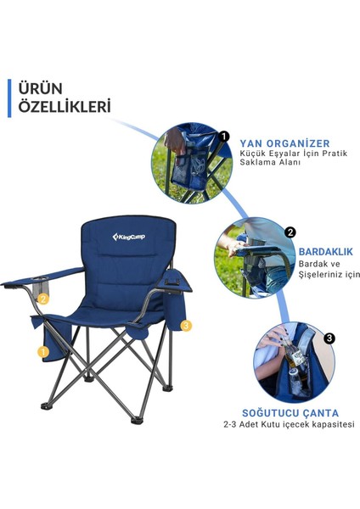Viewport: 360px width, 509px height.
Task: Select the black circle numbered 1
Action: (x=224, y=136)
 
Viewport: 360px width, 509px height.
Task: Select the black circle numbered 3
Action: (x=329, y=338)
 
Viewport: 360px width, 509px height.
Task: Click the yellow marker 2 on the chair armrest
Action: (x=44, y=298)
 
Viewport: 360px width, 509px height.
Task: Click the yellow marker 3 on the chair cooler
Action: (x=186, y=325)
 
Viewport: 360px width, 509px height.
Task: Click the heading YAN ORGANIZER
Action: (x=284, y=143)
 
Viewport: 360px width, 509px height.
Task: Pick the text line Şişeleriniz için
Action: (x=329, y=274)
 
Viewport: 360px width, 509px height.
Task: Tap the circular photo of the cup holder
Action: (x=251, y=257)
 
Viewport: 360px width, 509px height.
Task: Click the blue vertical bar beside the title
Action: (x=11, y=98)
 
